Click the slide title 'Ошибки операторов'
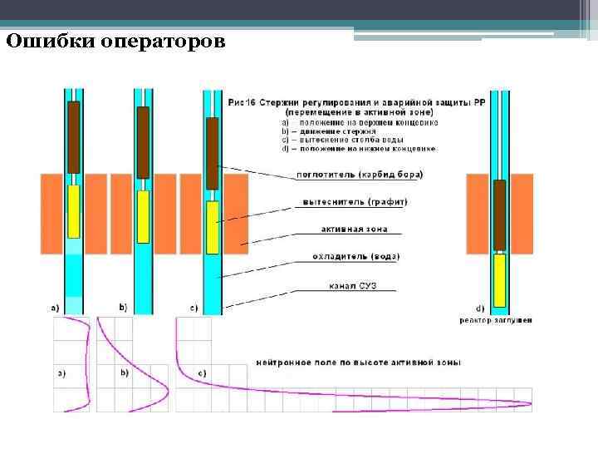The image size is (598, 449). pos(115,41)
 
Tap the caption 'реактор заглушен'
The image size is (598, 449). pos(496,320)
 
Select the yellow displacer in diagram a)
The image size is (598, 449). pos(73,210)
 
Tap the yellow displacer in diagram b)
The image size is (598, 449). pos(143,217)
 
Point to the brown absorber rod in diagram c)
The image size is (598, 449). pos(212,153)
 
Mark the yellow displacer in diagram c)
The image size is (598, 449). pos(213,227)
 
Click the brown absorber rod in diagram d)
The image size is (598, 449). pos(499,215)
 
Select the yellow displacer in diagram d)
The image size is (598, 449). pos(499,280)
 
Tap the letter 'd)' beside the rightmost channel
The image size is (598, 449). pos(478,307)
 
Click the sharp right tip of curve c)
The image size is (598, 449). pos(530,404)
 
